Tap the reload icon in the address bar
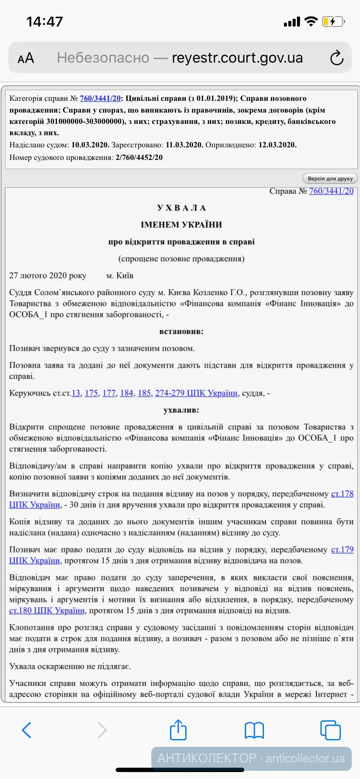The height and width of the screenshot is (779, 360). pos(337,58)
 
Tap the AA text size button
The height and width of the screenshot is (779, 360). pos(26,58)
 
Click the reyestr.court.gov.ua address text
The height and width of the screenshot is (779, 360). pos(237,58)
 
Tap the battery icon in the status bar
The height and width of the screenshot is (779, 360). pos(333,22)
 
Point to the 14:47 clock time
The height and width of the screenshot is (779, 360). pos(44,22)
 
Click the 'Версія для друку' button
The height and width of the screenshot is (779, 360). pos(330,179)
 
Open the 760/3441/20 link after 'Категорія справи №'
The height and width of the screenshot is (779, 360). pos(100,98)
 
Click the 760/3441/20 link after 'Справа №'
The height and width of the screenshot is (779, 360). pos(331,191)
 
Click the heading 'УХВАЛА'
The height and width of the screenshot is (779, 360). pos(181,208)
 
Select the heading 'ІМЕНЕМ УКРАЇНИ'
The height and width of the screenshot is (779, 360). pos(181,225)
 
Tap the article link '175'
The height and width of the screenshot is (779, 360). pos(91,393)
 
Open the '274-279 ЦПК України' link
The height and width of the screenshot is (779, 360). pos(196,393)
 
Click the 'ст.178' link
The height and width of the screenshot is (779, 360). pos(342,494)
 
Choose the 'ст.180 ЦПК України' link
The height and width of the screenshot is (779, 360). pos(47,610)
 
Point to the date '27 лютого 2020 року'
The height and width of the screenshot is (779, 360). pos(48,276)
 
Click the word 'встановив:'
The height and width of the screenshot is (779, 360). pos(181,331)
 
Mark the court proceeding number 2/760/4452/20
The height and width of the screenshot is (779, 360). pos(139,157)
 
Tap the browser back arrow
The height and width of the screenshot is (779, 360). pos(27,730)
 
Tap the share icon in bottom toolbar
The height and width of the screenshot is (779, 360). pos(178,730)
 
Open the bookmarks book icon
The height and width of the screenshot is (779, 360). pos(254,730)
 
